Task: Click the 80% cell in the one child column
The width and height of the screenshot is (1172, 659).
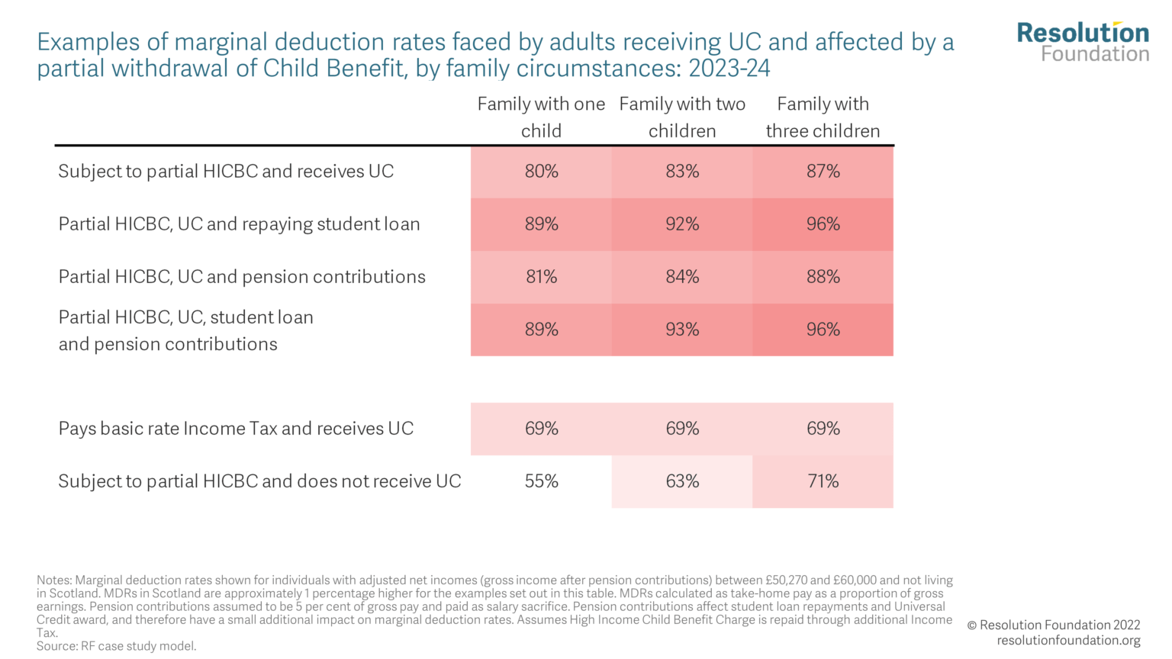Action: coord(541,172)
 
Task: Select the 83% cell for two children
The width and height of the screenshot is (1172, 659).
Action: coord(682,172)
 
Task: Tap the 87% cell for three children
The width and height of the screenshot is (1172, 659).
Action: coord(823,172)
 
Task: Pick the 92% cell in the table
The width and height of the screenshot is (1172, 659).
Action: coord(682,224)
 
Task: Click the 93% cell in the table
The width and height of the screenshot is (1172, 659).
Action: coord(682,329)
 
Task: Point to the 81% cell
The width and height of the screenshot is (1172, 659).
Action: coord(541,277)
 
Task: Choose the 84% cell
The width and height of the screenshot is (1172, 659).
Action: coord(682,277)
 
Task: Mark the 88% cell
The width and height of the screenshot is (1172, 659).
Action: coord(823,277)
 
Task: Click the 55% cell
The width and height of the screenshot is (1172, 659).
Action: coord(541,481)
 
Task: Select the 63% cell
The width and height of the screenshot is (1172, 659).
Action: coord(682,481)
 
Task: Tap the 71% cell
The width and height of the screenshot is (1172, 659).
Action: coord(823,481)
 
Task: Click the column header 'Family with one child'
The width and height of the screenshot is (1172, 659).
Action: coord(541,117)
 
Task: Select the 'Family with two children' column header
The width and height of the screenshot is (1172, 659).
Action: coord(682,117)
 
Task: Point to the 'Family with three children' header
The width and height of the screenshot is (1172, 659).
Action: coord(823,117)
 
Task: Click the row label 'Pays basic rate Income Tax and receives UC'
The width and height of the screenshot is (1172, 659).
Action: coord(236,429)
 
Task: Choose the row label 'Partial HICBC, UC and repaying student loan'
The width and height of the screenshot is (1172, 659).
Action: coord(239,224)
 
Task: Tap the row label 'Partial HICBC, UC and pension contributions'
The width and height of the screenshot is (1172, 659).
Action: coord(242,277)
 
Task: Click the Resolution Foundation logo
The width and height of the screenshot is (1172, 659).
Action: coord(1083,42)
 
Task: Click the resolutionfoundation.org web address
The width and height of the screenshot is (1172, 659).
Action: coord(1068,641)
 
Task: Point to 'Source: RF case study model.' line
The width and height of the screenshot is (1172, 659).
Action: coord(117,646)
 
